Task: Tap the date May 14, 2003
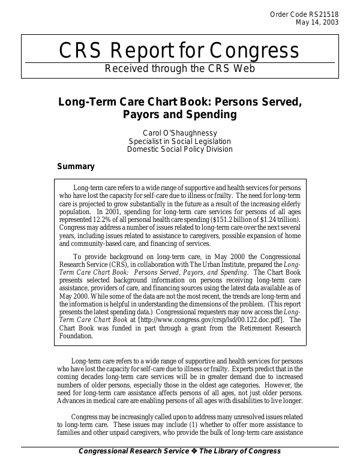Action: coord(317,23)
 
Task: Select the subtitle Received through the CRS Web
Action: coord(180,68)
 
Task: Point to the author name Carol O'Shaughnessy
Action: coord(179,133)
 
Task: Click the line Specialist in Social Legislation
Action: coord(179,141)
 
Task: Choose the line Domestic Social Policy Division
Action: coord(179,149)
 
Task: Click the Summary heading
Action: coord(76,166)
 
